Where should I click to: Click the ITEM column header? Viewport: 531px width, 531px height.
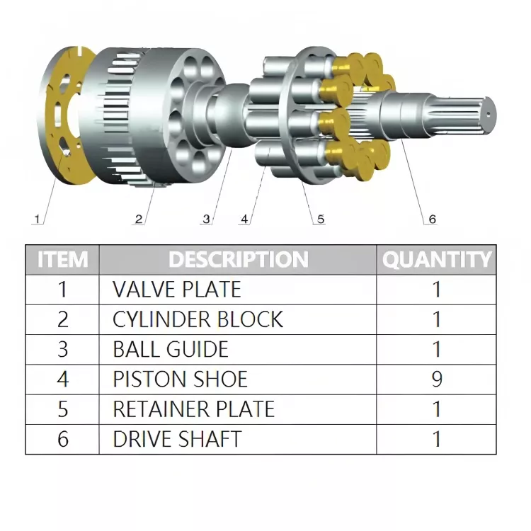[62, 259]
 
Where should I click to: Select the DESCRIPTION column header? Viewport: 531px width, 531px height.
[238, 259]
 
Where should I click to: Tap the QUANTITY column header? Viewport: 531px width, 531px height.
[436, 259]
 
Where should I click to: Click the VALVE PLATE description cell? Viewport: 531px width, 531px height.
[177, 289]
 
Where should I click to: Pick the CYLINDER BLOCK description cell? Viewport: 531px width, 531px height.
[198, 319]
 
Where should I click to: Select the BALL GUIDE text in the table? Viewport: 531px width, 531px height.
[171, 349]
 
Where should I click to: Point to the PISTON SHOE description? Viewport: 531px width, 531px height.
[180, 379]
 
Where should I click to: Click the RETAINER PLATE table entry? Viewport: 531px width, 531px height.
[193, 409]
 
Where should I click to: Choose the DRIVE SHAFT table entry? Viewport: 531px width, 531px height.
[177, 439]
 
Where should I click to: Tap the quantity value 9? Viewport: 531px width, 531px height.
[437, 379]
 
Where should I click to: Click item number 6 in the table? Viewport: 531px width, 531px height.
[63, 439]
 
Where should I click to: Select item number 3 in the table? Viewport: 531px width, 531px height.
[63, 349]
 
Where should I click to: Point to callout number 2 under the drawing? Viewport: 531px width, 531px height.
[139, 219]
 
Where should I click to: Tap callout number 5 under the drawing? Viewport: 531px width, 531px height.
[320, 219]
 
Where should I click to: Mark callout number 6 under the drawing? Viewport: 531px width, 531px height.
[431, 219]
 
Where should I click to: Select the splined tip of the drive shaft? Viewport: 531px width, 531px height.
[471, 110]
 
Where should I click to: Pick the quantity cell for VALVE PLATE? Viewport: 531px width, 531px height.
[437, 289]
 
